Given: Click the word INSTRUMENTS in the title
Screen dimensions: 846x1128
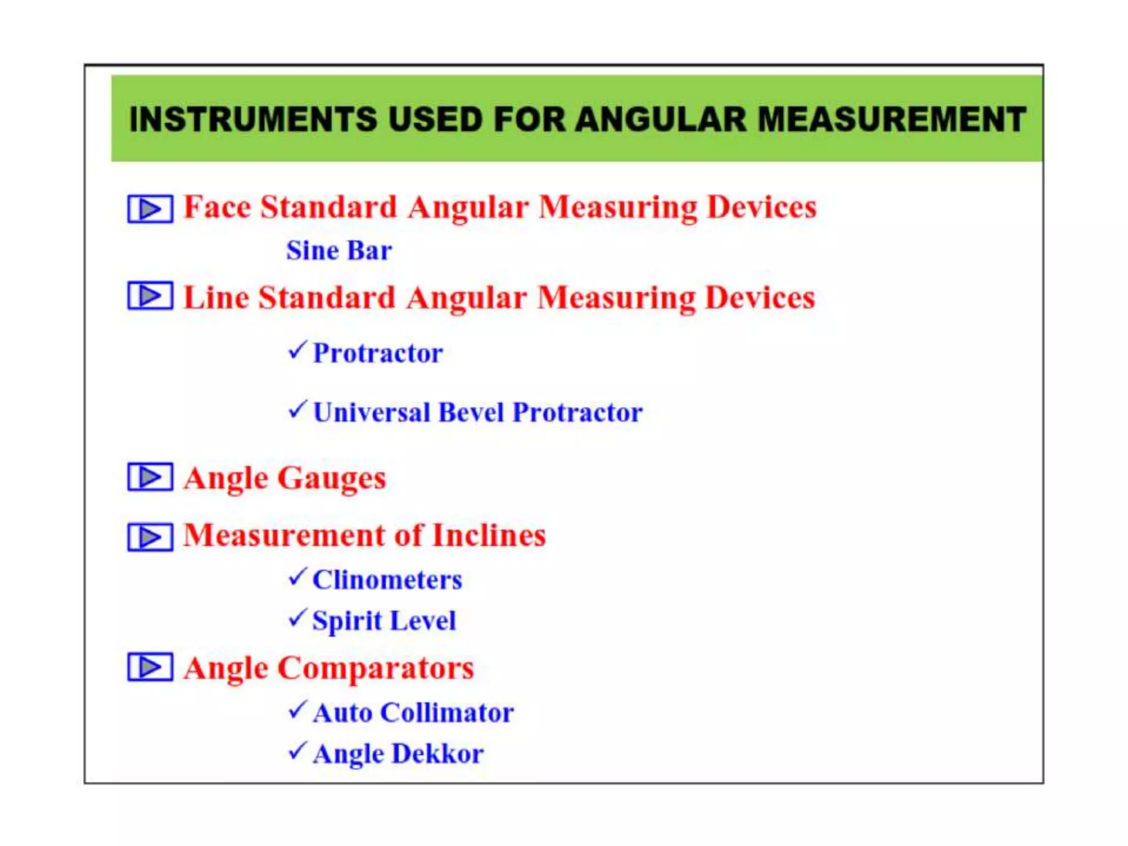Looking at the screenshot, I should (x=253, y=119).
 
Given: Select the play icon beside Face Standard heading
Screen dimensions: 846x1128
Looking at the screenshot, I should (x=150, y=209).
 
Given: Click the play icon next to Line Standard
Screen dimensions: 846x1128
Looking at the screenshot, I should (x=150, y=296).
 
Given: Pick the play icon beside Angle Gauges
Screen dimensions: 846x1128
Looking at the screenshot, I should (x=150, y=476).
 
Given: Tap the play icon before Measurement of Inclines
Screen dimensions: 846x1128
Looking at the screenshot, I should (x=150, y=536).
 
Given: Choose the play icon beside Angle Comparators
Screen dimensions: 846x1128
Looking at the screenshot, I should (x=150, y=667).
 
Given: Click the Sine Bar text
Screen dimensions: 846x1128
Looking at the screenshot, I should (x=339, y=251).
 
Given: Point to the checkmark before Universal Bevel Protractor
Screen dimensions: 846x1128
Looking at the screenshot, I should (x=297, y=409).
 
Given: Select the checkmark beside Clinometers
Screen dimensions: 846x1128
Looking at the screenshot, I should (x=297, y=577).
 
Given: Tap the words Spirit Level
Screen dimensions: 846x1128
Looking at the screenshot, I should (x=384, y=621).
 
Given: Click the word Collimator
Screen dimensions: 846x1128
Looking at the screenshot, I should (x=447, y=713).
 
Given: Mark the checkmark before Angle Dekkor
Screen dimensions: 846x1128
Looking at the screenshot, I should (x=297, y=750).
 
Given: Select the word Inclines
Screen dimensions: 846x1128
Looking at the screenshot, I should (x=489, y=535).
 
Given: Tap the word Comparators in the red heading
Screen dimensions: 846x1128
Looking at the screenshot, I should (x=376, y=668).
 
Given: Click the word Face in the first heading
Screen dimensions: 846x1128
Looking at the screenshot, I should (x=217, y=208).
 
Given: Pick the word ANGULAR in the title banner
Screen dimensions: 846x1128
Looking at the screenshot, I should (x=661, y=119).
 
